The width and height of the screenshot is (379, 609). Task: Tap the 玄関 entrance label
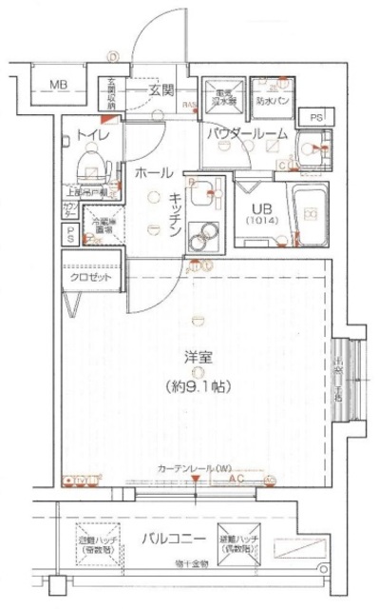(161, 90)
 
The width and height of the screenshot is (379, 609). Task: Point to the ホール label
(153, 173)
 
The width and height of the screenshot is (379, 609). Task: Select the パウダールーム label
(248, 135)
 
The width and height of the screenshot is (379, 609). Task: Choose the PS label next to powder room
(315, 116)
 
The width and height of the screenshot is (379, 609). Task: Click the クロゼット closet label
(90, 277)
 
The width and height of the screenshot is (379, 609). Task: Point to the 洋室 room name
(198, 357)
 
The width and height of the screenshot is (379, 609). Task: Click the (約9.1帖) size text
(198, 386)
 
